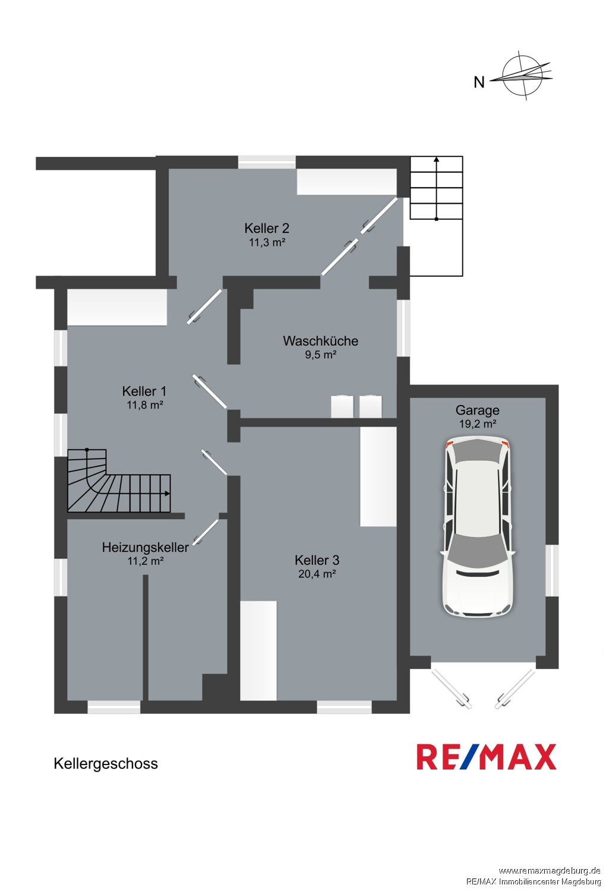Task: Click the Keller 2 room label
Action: click(267, 228)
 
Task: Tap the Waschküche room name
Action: click(321, 341)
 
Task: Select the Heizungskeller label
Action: click(145, 547)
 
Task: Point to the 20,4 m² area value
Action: click(317, 574)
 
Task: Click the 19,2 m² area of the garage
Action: click(477, 424)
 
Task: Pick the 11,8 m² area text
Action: click(145, 405)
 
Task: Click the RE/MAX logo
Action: click(486, 757)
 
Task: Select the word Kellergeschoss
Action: click(106, 764)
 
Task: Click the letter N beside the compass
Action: click(479, 83)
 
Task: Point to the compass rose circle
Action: click(523, 75)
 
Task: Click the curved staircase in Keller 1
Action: click(119, 481)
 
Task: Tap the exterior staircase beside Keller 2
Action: click(436, 216)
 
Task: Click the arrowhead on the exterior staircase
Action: click(436, 159)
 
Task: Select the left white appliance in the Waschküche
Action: click(342, 406)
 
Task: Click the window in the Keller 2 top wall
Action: click(267, 162)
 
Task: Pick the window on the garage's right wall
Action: click(552, 571)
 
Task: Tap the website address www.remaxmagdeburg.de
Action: click(550, 870)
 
